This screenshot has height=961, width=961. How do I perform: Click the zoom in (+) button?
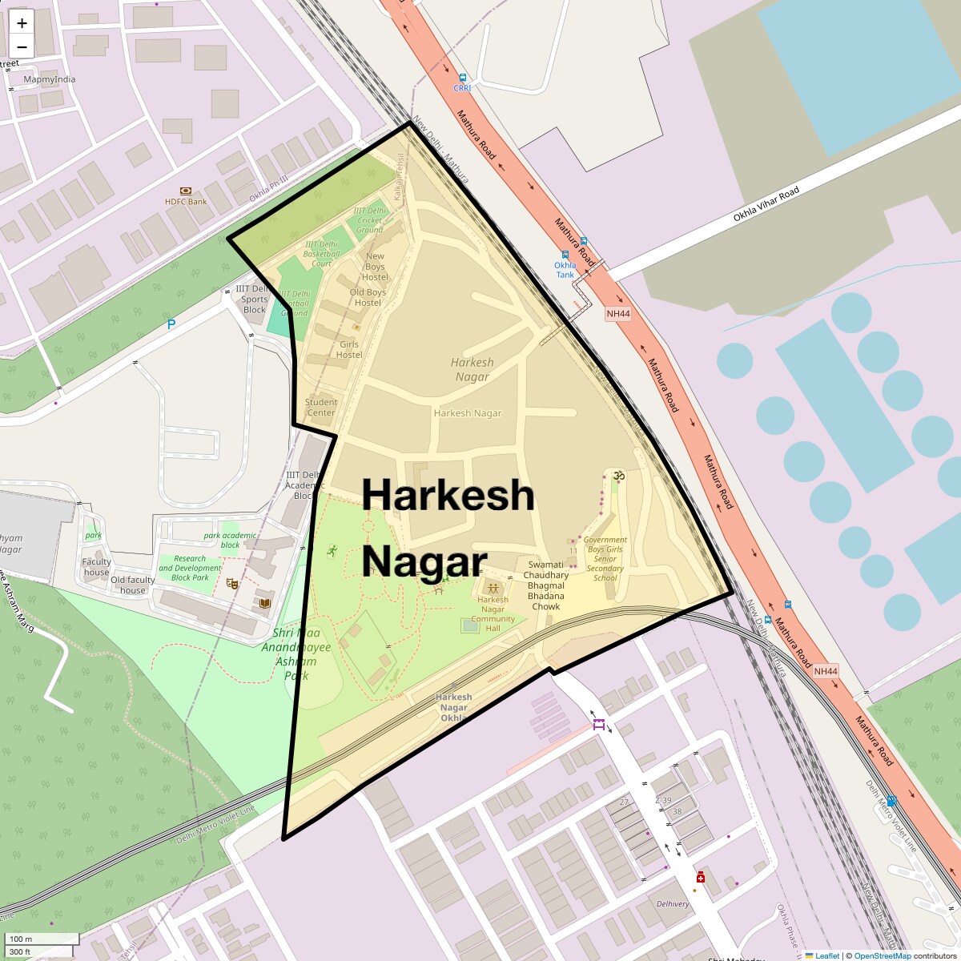tap(22, 23)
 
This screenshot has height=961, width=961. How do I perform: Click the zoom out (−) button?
tap(22, 47)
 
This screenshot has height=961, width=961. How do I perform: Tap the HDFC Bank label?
tap(186, 201)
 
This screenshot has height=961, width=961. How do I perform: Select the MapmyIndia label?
tap(50, 79)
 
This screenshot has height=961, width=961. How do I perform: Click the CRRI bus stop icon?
tap(462, 78)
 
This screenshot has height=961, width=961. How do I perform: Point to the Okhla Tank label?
tap(565, 270)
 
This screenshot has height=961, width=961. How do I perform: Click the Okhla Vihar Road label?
tap(766, 204)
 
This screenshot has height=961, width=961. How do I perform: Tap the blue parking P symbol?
tap(171, 324)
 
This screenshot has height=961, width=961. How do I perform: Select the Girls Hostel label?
tap(349, 349)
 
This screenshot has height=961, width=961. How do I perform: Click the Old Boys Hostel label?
tap(368, 297)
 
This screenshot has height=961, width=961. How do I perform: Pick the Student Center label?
tap(321, 407)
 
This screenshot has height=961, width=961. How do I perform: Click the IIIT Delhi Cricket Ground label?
tap(370, 220)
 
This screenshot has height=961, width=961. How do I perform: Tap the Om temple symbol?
tap(617, 476)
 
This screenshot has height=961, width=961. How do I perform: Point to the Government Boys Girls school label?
tap(605, 558)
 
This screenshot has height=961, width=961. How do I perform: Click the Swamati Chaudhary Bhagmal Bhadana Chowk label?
tap(546, 585)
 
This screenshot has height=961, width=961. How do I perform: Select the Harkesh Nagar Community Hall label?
tap(493, 613)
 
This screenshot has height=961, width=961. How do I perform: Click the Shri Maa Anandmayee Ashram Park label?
tap(296, 653)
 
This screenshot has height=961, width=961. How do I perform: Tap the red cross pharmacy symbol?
tap(701, 877)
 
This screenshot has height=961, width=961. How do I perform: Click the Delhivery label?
tap(673, 904)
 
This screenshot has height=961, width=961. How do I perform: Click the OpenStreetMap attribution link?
tap(882, 955)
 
